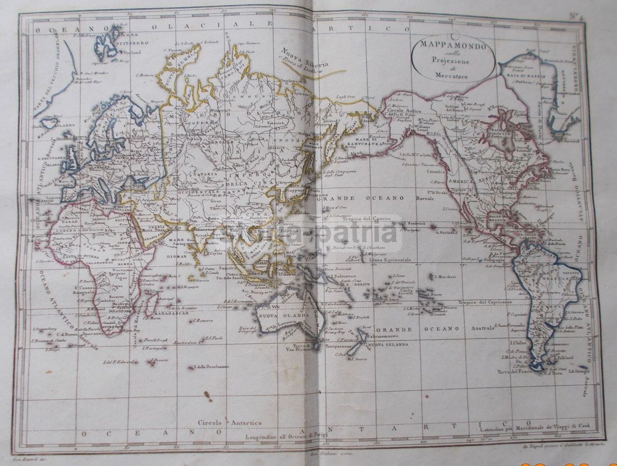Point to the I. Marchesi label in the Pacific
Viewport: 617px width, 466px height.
[445, 277]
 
